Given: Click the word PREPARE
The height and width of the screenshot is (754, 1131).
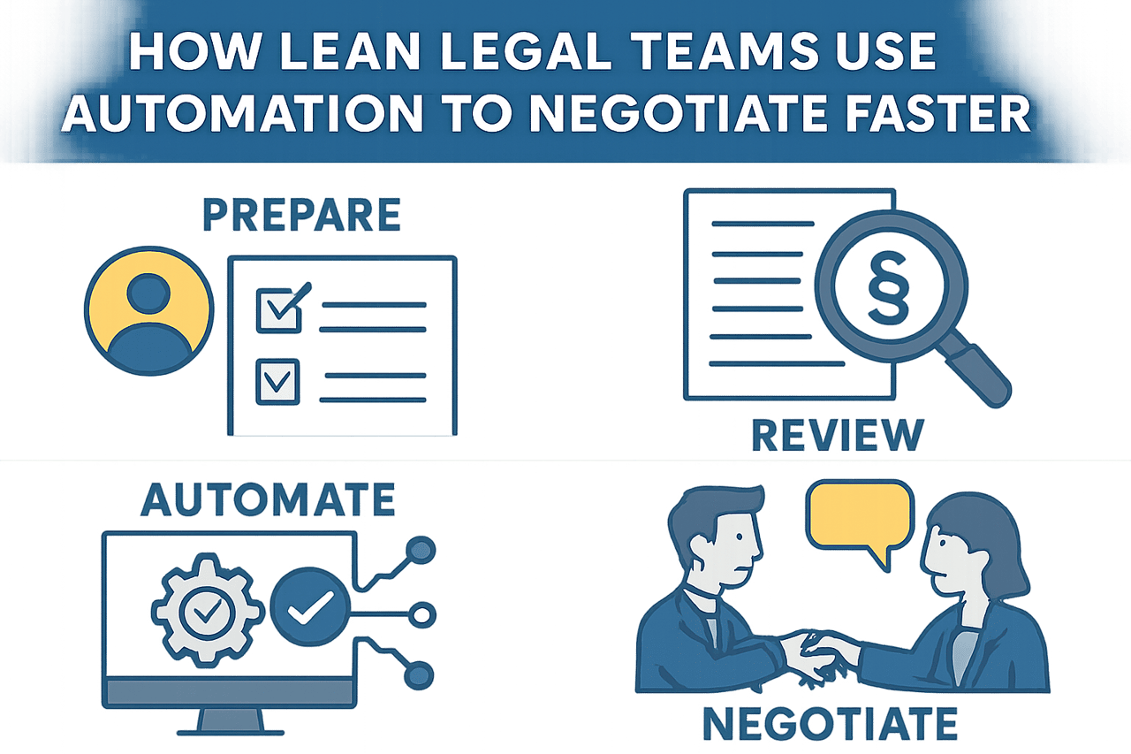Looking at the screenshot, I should click(301, 217).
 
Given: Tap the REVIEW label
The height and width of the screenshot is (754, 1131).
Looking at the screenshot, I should click(835, 435).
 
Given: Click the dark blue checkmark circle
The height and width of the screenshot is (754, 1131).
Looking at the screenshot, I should click(309, 607).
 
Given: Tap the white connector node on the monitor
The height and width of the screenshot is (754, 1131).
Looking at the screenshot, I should click(423, 613).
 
